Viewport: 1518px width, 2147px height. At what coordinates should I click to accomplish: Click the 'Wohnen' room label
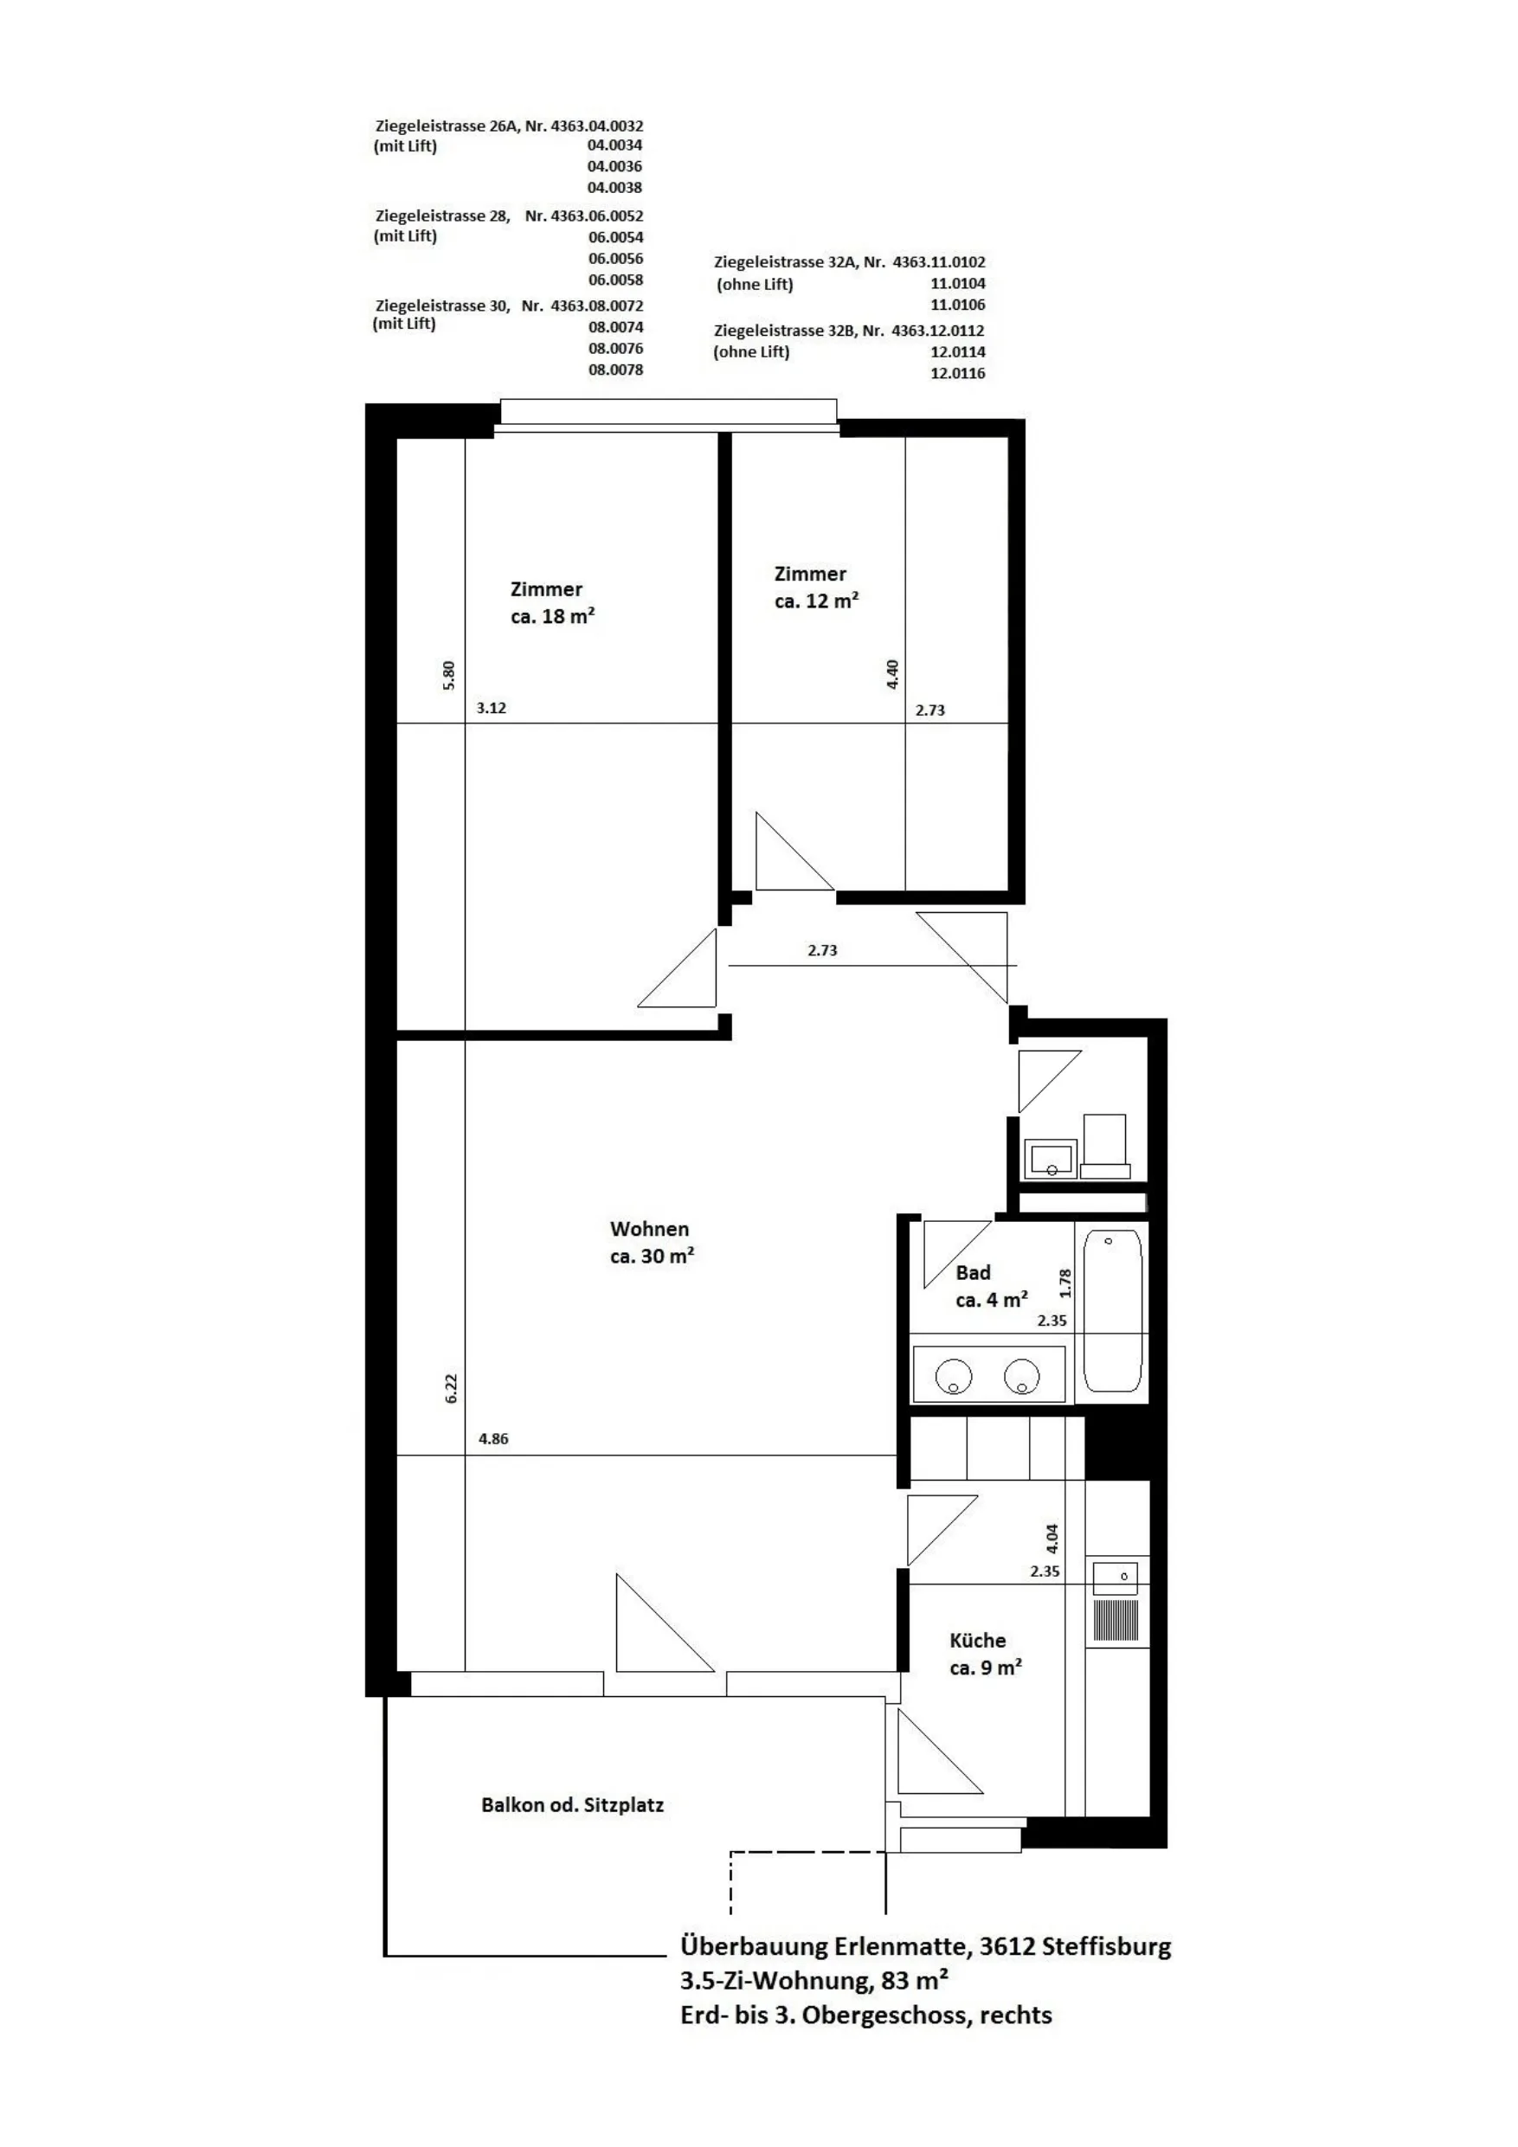click(x=649, y=1229)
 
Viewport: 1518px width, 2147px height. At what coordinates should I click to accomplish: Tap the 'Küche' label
click(x=977, y=1640)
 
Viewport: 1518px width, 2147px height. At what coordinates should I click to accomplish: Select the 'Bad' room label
click(x=973, y=1273)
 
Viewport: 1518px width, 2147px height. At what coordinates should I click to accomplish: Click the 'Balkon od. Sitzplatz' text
click(x=572, y=1805)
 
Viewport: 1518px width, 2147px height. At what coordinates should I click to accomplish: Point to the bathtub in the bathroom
click(x=1112, y=1311)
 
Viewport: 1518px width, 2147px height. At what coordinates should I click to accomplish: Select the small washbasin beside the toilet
click(x=1051, y=1159)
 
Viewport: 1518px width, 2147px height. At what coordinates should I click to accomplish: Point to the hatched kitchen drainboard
click(x=1116, y=1621)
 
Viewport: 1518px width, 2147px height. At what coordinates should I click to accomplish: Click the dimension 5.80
click(x=449, y=675)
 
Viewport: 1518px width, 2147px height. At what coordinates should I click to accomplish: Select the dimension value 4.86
click(x=493, y=1439)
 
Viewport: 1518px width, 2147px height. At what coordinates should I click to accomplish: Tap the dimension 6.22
click(x=451, y=1388)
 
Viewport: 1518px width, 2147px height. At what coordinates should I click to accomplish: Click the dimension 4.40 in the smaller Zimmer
click(x=892, y=674)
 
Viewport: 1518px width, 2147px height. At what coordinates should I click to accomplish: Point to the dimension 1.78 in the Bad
click(x=1065, y=1283)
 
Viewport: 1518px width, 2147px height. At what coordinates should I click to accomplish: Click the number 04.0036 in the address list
click(x=614, y=166)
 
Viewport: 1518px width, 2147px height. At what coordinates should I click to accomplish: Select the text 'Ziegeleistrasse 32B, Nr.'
click(x=799, y=330)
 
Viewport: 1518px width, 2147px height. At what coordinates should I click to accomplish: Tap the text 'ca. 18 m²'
click(x=553, y=616)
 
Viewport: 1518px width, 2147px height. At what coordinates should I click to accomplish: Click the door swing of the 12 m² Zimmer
click(x=794, y=851)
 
